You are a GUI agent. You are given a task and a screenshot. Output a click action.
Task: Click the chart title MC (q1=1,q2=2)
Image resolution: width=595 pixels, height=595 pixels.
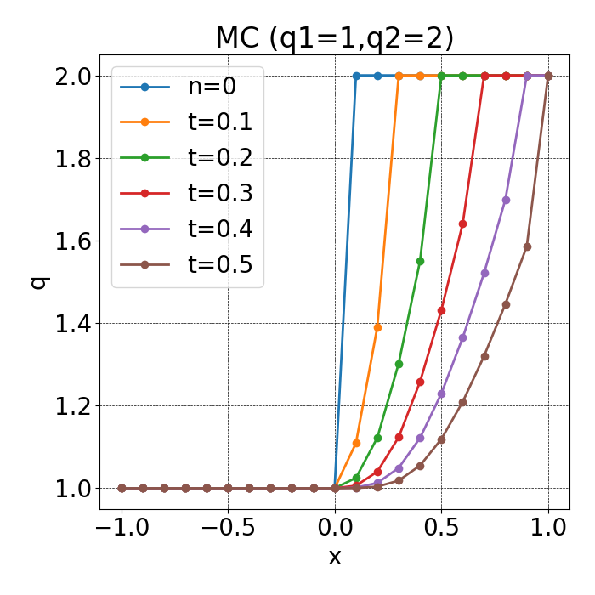[334, 38]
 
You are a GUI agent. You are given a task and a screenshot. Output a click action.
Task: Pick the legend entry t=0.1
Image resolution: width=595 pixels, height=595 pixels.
[219, 122]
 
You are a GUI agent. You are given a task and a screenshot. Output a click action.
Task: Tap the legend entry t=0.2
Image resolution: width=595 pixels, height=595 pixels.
[219, 158]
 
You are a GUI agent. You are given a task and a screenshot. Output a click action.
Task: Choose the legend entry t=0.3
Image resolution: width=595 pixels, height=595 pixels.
[219, 194]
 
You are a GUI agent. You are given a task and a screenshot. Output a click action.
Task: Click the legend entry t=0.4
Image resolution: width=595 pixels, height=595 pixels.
[219, 229]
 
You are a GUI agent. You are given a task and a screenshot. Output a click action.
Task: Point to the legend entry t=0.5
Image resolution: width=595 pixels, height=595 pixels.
[219, 265]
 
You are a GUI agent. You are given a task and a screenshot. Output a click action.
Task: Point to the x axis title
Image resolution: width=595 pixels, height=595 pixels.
[335, 558]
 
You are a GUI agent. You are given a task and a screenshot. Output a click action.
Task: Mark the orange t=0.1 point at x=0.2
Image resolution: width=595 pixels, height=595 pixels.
[377, 327]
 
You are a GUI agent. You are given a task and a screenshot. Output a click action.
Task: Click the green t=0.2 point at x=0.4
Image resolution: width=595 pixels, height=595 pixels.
[420, 261]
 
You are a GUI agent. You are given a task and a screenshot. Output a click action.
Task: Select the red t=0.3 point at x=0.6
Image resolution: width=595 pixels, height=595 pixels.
[463, 224]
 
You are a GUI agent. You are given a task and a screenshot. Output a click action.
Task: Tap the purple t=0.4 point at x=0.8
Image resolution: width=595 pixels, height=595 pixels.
[506, 200]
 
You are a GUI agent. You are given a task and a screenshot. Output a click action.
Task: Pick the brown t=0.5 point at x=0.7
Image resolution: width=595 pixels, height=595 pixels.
[484, 356]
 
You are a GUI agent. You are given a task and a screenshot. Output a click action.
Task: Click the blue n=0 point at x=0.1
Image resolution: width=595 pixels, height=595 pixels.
[356, 76]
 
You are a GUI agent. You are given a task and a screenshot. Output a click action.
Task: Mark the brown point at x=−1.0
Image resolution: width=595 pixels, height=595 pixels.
[122, 488]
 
